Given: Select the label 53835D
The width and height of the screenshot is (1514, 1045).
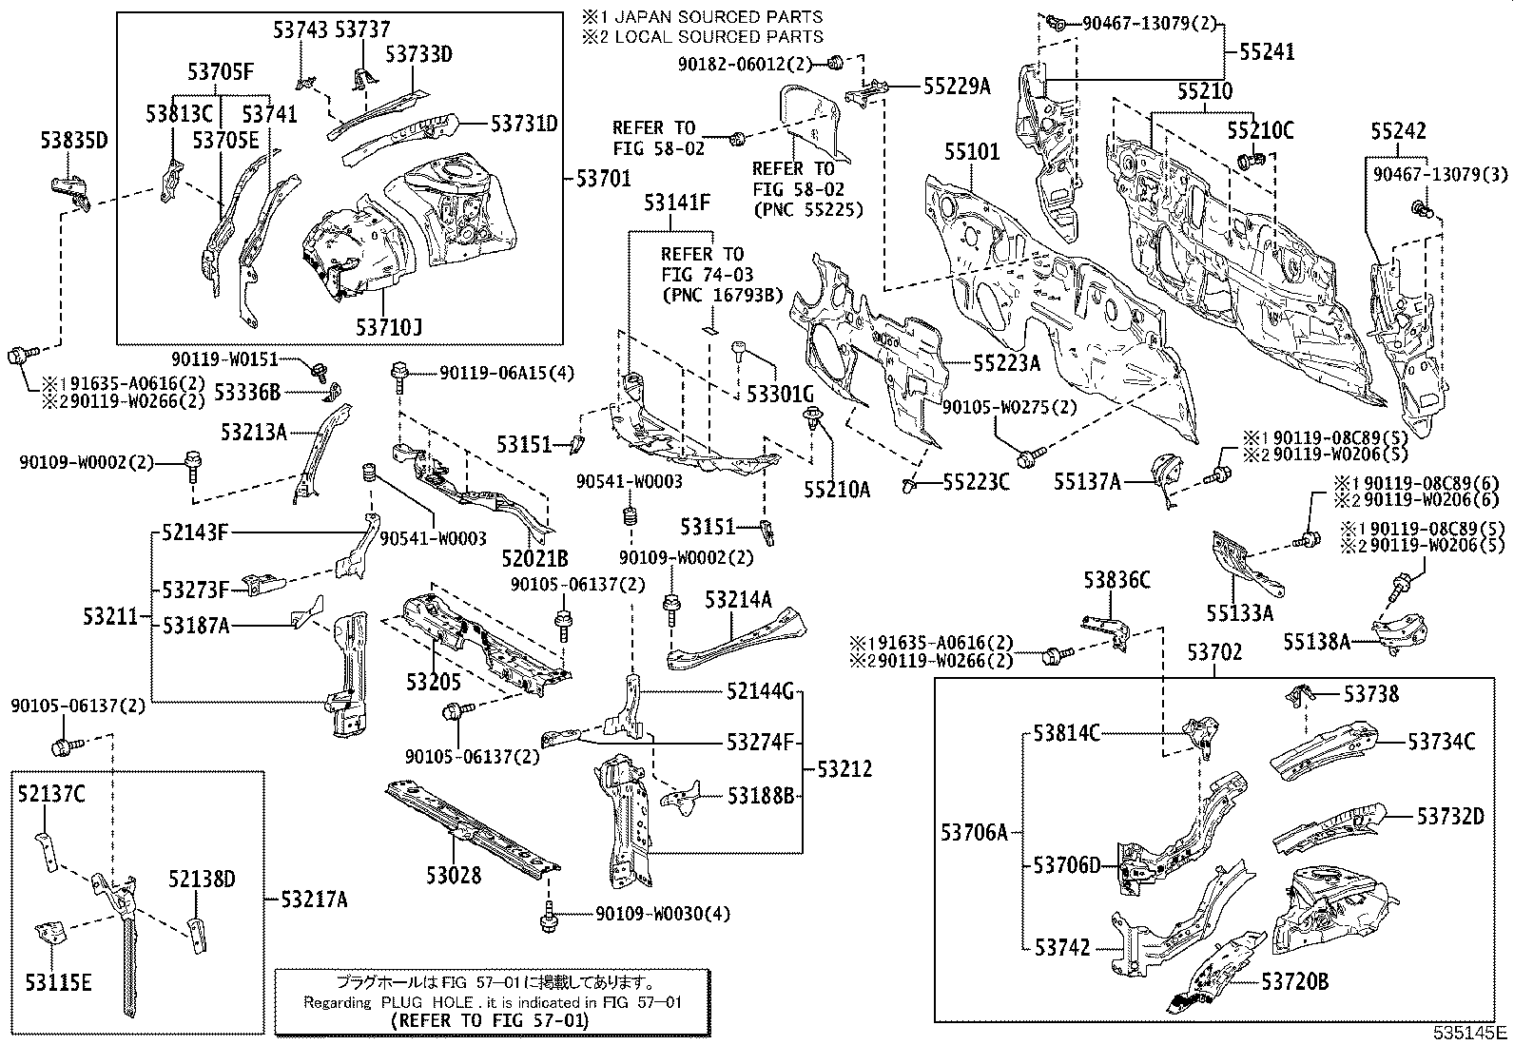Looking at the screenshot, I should [x=73, y=142].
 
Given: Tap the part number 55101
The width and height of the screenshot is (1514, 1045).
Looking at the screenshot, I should [x=972, y=152].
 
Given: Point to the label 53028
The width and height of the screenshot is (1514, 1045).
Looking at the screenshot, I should [x=453, y=876].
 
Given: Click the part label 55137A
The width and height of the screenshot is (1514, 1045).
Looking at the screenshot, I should [x=1086, y=482].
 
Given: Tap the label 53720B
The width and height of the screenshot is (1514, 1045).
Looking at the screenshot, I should [x=1294, y=981].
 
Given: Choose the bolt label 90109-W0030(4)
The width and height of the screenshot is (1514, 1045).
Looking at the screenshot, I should [x=663, y=914].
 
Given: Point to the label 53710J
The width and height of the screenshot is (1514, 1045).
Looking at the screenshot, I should [x=389, y=327].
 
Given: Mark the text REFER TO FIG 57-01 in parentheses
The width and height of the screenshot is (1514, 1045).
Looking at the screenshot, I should [x=490, y=1020].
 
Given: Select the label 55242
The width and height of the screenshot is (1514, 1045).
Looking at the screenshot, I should [x=1398, y=131].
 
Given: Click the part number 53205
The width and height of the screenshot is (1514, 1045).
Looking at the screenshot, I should [x=433, y=682].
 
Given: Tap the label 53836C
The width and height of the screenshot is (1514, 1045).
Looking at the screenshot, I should [x=1117, y=579].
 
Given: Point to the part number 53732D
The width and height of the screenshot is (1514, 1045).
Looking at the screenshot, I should [x=1449, y=816].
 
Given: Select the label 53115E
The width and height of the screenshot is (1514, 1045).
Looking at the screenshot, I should [x=58, y=982].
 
